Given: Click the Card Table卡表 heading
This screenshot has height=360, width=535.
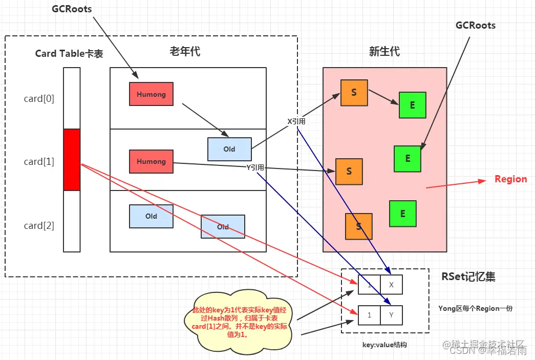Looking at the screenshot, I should [x=69, y=53].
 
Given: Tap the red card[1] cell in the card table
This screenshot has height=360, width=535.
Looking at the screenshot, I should [x=72, y=159].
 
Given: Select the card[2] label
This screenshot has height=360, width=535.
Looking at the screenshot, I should [x=39, y=226].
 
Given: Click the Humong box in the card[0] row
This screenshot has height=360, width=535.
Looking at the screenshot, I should [x=151, y=94].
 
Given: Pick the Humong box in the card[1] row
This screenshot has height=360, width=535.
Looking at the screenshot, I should [x=151, y=161].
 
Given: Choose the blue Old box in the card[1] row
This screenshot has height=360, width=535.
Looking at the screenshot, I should [x=229, y=149].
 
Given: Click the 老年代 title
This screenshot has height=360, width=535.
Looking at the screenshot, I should [x=185, y=51].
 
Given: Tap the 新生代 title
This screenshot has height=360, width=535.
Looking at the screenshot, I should [x=384, y=51].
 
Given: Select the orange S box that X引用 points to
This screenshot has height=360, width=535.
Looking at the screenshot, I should [x=354, y=93].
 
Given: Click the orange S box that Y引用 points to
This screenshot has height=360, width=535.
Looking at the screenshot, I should [x=349, y=172].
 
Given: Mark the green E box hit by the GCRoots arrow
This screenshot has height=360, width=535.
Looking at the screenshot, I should [x=408, y=159].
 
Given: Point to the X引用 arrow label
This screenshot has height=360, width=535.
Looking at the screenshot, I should [x=297, y=121].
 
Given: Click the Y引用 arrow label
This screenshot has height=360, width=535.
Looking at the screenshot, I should [x=255, y=167].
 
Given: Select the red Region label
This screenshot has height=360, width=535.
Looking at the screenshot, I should [x=510, y=179].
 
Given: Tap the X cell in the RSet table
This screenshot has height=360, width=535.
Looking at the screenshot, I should [x=392, y=285].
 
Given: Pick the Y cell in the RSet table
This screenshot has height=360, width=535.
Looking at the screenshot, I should [x=392, y=315].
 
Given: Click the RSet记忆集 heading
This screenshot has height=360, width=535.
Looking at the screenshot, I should [x=468, y=277].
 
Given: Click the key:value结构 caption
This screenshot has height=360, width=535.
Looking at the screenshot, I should [x=385, y=346].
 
